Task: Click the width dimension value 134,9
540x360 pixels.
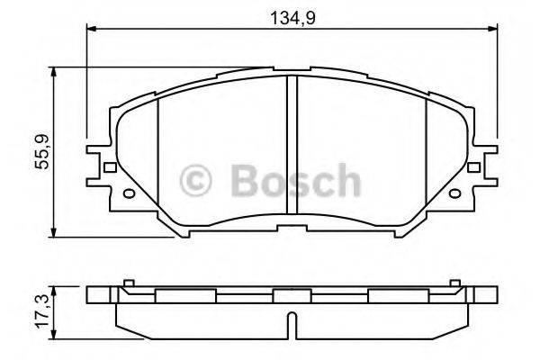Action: coord(292,15)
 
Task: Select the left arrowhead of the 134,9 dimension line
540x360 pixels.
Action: coord(92,30)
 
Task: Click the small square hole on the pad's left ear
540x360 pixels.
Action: coord(108,166)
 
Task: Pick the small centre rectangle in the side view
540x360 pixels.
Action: coord(290,296)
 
